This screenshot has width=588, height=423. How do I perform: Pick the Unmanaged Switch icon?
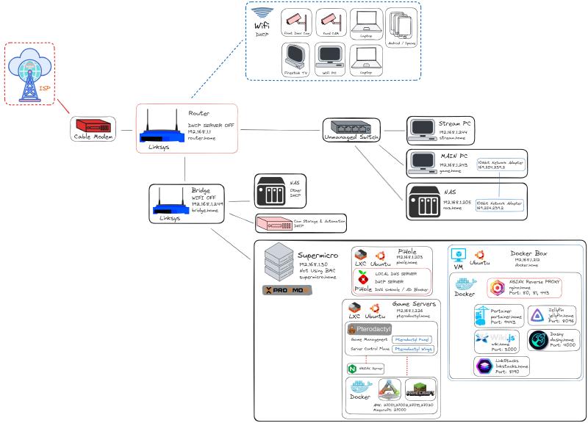[351, 126]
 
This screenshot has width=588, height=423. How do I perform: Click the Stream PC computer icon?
[422, 129]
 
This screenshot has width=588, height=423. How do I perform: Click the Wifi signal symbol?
[262, 12]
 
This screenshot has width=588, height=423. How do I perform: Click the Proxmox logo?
[287, 290]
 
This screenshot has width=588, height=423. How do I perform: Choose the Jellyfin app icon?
[537, 315]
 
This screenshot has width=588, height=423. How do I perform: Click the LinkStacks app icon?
[485, 366]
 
